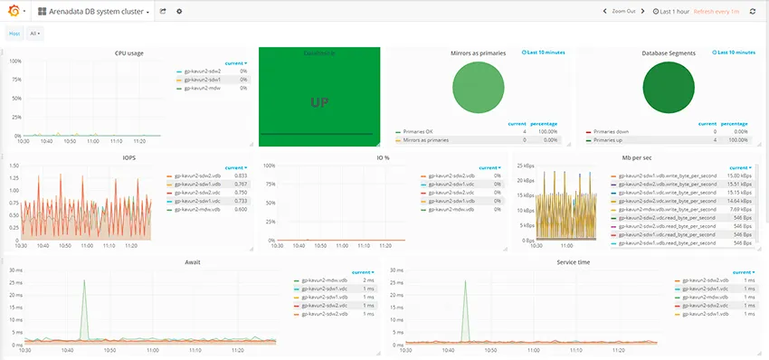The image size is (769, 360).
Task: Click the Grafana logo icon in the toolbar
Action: tap(14, 12)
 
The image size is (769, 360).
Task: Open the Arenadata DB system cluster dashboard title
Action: tap(94, 12)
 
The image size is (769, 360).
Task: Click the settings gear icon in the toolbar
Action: tap(178, 12)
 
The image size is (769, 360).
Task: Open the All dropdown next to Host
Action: tap(35, 33)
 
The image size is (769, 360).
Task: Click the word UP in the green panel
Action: tap(318, 102)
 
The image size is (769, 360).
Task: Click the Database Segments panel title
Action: tap(669, 53)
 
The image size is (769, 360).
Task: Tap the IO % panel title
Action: tap(383, 157)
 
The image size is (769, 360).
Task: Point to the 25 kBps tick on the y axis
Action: tap(526, 166)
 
